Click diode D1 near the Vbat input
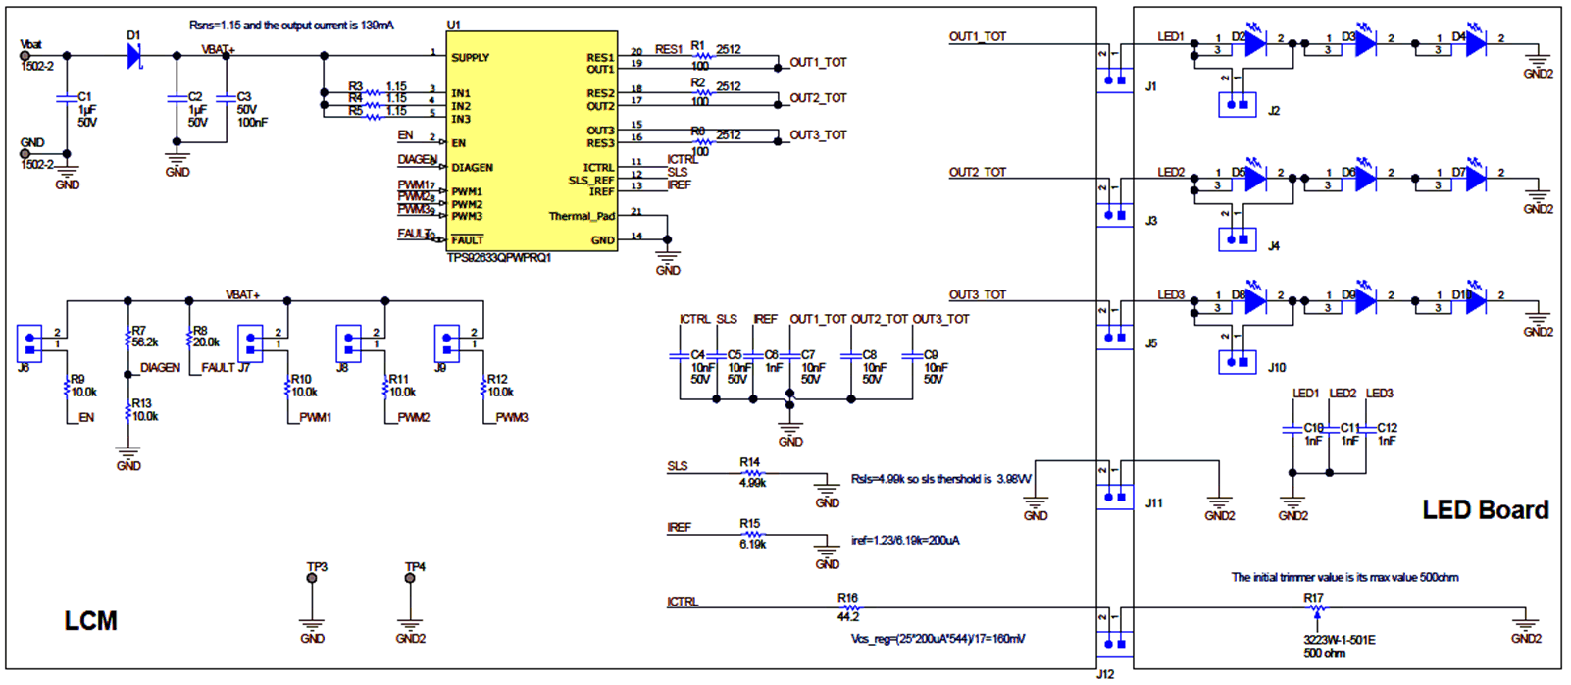(134, 56)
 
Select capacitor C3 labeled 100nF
(227, 97)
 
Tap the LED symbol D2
(1254, 44)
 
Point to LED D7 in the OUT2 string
(1475, 179)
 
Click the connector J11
(1114, 496)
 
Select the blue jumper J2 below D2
(1237, 104)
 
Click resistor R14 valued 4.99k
(752, 473)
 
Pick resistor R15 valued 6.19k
(752, 535)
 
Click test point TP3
(312, 578)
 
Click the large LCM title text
(90, 621)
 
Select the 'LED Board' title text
(1485, 510)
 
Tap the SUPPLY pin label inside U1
(470, 58)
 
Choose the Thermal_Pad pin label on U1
(581, 216)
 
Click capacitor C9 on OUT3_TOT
(912, 356)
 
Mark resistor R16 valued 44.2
(848, 608)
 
